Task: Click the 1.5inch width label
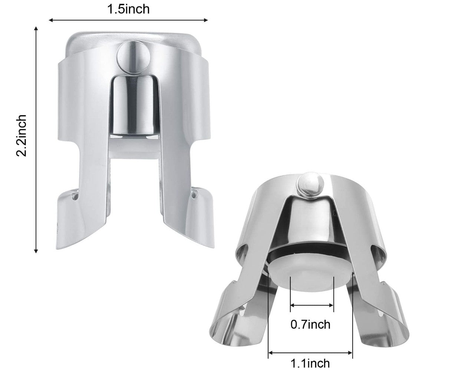[x=128, y=9]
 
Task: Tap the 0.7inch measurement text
[x=310, y=324]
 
